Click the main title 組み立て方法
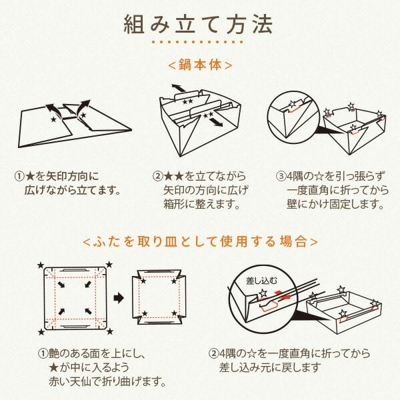coord(198,25)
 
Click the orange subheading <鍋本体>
coord(200,65)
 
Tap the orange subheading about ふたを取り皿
coord(200,241)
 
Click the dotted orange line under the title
coord(197,41)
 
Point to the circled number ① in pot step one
coord(21,176)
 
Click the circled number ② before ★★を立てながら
coord(158,176)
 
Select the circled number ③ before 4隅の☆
coord(281,176)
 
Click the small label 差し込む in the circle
coord(261,281)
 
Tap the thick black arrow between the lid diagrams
coord(119,298)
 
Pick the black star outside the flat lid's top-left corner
coord(41,265)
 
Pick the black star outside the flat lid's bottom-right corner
coord(110,331)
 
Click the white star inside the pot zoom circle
coord(293,104)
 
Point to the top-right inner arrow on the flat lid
coord(87,284)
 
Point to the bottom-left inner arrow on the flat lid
coord(61,311)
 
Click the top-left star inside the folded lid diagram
coord(143,281)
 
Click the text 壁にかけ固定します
coord(335,204)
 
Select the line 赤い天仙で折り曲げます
coord(107,381)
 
